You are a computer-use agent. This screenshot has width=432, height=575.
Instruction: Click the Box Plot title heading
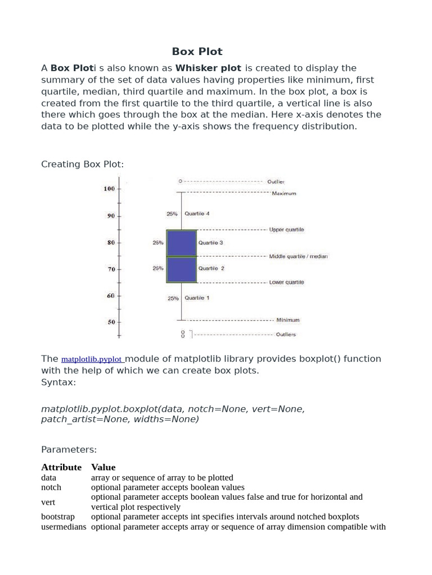pos(197,52)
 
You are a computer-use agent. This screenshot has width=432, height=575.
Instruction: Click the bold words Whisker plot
pos(208,68)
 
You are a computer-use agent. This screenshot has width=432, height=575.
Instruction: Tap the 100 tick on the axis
pos(109,189)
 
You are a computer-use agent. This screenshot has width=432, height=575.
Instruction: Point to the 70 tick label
pos(111,270)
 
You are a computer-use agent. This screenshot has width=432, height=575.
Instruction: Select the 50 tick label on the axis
pos(111,322)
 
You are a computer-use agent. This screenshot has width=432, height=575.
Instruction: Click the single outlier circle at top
pos(180,181)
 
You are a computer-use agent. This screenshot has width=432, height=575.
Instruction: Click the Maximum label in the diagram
pos(283,194)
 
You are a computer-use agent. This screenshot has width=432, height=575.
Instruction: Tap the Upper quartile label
pos(286,230)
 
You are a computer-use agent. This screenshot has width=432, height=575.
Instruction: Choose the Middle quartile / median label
pos(298,256)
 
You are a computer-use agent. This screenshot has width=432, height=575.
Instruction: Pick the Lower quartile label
pos(286,282)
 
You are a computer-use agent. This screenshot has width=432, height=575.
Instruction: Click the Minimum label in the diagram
pos(287,320)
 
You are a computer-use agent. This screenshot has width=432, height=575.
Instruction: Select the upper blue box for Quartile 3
pos(181,243)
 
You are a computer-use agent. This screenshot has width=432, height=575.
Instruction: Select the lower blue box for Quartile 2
pos(181,270)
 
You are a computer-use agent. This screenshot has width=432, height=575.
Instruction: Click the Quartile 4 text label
pos(197,214)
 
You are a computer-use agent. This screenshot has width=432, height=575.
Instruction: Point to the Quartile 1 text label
pos(197,298)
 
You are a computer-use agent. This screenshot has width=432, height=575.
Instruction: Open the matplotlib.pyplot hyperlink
pos(92,359)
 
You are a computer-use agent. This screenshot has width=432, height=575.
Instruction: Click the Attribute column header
pos(61,467)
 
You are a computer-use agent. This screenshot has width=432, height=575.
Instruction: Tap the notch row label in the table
pos(51,487)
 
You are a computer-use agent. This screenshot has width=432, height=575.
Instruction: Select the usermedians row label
pos(64,527)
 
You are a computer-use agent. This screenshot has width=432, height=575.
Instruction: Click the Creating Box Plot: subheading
pos(82,164)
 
